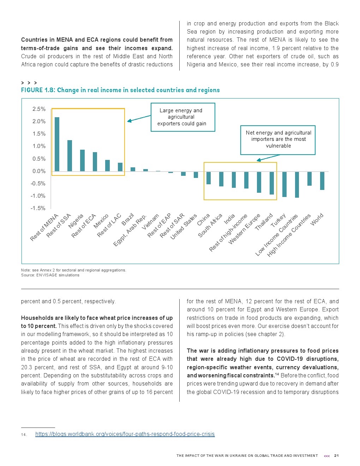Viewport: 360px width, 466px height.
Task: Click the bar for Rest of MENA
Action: pos(57,144)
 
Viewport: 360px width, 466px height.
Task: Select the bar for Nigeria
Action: pos(82,161)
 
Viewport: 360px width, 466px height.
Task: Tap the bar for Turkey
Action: pos(284,184)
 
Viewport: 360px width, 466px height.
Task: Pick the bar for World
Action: pos(322,181)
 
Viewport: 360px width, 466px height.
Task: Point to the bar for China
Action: pos(209,178)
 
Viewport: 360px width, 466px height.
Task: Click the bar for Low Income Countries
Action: pos(297,184)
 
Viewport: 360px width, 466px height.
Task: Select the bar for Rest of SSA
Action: pos(70,156)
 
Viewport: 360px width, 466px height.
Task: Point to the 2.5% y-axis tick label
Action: pos(39,109)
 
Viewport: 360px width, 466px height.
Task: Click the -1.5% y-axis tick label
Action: pos(38,208)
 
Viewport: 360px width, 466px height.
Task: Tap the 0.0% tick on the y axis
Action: pos(39,171)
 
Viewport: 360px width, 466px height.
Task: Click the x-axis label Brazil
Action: pos(128,219)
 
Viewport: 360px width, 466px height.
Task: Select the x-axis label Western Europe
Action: pos(244,229)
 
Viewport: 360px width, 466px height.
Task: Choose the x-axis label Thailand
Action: pos(264,222)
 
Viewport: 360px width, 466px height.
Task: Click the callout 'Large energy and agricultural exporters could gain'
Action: pos(182,117)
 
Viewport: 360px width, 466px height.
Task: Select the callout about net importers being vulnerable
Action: pos(278,139)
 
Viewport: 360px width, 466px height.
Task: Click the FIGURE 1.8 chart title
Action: pos(120,90)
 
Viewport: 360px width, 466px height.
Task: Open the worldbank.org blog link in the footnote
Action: pos(125,434)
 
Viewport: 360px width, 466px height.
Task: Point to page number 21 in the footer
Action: pos(336,456)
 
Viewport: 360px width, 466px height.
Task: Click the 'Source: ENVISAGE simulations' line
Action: pos(50,275)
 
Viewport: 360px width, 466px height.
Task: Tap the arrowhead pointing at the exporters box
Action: pos(129,121)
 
